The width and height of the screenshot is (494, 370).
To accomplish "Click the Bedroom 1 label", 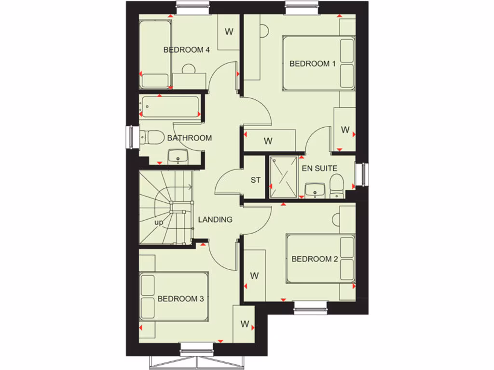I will point(312,64).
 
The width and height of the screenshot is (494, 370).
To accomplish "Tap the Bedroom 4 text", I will point(186,50).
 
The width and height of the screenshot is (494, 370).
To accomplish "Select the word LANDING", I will point(215,220).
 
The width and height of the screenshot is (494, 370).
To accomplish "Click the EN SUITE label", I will point(319,169).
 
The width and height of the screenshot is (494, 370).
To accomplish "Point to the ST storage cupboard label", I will point(255,180).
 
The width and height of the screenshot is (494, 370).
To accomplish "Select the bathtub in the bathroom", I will point(170,107).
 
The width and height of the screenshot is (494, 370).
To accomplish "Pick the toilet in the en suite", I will point(336,185).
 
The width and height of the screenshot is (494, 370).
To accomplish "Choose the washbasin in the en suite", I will point(315,190).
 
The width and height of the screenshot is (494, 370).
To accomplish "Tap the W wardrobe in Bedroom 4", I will point(229,32).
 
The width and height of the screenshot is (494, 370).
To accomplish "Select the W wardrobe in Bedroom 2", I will point(255,276).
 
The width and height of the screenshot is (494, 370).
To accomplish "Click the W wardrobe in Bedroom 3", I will point(245,324).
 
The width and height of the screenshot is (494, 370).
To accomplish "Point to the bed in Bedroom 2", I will point(320,259).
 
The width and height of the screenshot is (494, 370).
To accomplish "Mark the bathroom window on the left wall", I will point(130,137).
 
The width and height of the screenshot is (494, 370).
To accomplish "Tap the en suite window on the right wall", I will point(365,174).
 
